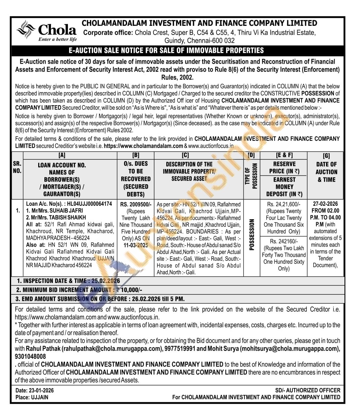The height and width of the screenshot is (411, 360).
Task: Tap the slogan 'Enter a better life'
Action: [x=57, y=40]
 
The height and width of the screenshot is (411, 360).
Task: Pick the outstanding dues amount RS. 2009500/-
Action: [x=136, y=205]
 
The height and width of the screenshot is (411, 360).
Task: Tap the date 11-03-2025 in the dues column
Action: [x=136, y=245]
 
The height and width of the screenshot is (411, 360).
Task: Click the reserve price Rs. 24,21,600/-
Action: [x=284, y=204]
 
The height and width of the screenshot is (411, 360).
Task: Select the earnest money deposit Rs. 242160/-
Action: [x=284, y=241]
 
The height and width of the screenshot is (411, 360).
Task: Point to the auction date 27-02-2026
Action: [x=326, y=204]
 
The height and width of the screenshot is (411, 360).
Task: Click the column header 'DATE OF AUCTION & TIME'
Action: [x=326, y=172]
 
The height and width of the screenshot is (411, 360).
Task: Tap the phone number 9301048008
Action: [x=30, y=356]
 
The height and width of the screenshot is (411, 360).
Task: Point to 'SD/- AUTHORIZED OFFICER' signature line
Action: [x=307, y=390]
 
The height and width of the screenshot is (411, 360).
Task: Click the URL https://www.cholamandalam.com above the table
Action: [x=143, y=146]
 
